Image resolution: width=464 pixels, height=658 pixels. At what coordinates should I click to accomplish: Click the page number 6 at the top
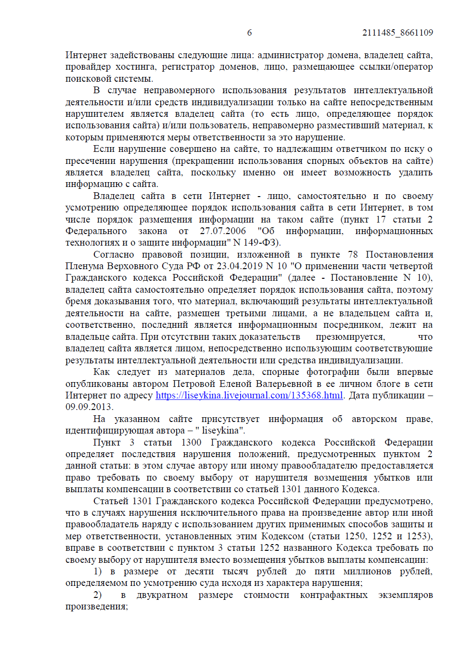click(x=249, y=33)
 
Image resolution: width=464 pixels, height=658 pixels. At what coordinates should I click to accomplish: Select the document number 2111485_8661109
click(x=398, y=33)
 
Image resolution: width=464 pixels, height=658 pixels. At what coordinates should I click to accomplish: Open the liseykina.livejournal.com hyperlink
click(x=249, y=396)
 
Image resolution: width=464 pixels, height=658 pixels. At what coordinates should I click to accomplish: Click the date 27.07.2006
click(x=223, y=231)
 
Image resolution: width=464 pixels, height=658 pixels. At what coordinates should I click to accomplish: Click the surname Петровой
click(x=194, y=384)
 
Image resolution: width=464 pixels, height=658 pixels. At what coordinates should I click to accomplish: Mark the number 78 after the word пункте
click(x=353, y=255)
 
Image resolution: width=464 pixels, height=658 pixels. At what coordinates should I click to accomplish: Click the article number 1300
click(x=191, y=443)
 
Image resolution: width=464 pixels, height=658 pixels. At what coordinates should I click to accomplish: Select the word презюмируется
click(x=350, y=337)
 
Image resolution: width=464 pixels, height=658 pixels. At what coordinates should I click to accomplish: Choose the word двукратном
click(x=162, y=595)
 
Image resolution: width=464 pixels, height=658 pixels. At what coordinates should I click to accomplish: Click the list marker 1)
click(x=98, y=571)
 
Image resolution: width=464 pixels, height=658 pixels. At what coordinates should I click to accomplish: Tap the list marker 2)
click(x=98, y=595)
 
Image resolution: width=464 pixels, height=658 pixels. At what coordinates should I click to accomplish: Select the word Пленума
click(x=85, y=266)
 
